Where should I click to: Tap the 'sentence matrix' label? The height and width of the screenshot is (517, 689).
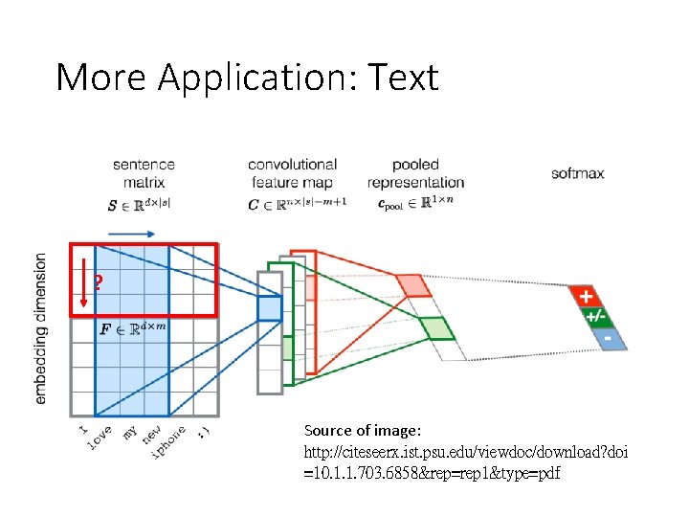coord(144,172)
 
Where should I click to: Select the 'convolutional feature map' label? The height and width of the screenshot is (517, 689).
coord(292,172)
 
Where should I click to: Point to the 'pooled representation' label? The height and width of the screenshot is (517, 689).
coord(415,172)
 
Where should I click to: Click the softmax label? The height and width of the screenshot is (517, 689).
coord(577,173)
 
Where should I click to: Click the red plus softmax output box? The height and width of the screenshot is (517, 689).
coord(584,296)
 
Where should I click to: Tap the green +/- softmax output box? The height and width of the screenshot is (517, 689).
coord(595,317)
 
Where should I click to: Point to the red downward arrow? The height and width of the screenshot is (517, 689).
coord(83,280)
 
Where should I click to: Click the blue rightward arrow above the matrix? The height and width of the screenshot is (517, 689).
coord(132,233)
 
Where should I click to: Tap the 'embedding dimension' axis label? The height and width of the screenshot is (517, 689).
coord(40,327)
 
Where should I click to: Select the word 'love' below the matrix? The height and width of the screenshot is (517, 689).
coord(100,435)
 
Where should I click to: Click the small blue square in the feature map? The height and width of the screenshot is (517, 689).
coord(270,307)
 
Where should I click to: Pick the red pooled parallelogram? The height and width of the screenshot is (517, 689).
coord(414,285)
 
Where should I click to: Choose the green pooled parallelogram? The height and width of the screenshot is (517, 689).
coord(435,327)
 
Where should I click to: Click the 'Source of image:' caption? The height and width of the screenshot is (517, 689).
coord(362,431)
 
